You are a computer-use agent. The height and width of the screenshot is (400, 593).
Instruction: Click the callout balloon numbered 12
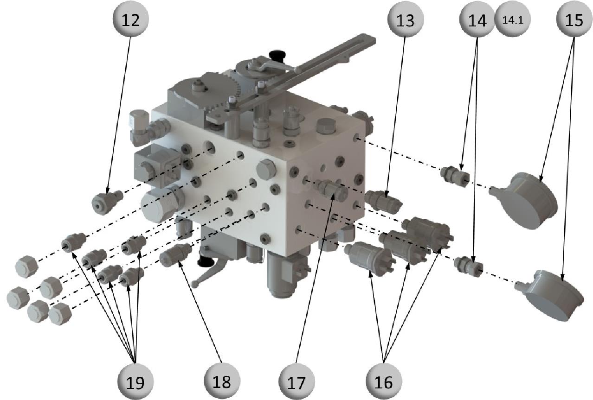tap(130, 19)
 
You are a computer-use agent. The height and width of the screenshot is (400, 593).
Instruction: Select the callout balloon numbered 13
tap(405, 19)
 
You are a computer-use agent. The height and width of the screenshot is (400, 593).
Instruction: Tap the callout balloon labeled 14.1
tap(513, 19)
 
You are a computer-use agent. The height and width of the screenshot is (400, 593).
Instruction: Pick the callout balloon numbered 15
tap(574, 19)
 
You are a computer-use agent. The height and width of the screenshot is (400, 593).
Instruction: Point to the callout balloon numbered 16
tap(384, 381)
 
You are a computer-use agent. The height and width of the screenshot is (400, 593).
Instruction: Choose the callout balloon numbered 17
tap(296, 381)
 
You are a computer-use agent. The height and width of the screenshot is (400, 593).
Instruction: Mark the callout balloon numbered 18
tap(222, 381)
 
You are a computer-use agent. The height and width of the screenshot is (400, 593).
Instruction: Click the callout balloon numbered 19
tap(135, 381)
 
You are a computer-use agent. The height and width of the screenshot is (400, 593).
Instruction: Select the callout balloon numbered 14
tap(477, 19)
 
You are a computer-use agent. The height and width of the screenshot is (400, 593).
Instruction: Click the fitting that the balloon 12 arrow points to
tap(107, 202)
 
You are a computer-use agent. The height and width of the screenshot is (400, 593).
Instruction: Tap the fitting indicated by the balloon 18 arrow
tap(175, 255)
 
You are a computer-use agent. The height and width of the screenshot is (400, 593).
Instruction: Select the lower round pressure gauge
tap(551, 295)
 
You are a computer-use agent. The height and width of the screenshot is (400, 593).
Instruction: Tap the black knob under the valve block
tap(206, 262)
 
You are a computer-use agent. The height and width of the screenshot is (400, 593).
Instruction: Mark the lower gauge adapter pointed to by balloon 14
tap(468, 265)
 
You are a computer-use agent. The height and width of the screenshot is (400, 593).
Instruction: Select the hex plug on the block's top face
tap(326, 126)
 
